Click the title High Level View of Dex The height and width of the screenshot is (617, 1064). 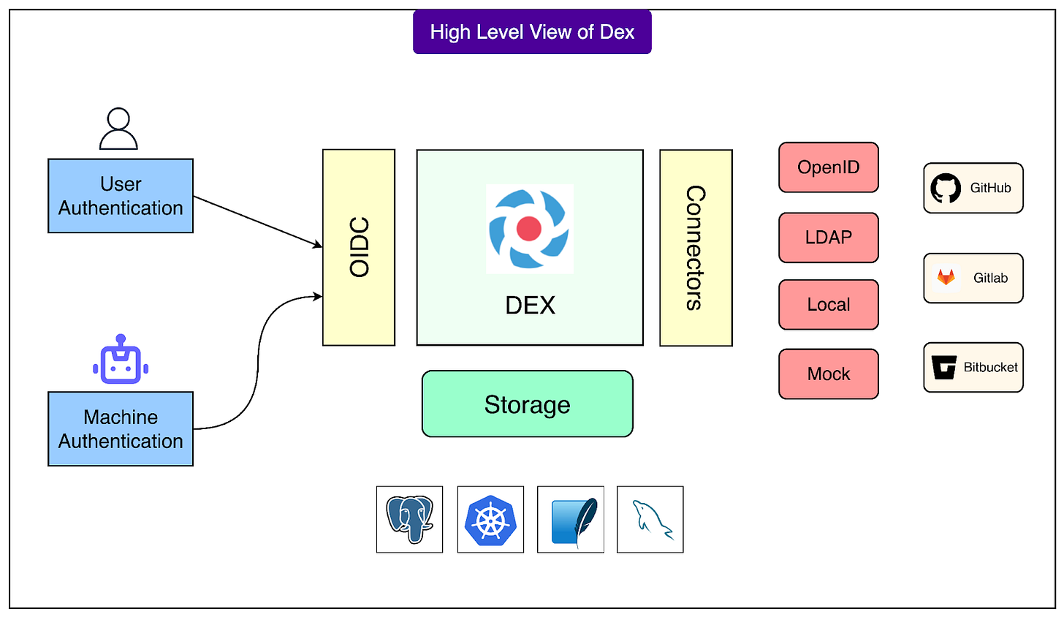coord(532,32)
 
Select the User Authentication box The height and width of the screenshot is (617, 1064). coord(121,196)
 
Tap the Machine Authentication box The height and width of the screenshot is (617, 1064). coord(121,429)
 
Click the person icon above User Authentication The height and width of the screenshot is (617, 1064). coord(118,129)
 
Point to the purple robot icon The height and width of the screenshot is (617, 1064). coord(121,360)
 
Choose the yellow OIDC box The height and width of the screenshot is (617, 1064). coord(359,247)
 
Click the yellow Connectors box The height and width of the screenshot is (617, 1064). coord(696,247)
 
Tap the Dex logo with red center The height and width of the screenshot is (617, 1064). coord(529,229)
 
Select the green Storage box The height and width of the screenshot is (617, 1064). coord(527,404)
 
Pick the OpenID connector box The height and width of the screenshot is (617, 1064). coord(829,167)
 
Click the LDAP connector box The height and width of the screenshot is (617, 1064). coord(829,238)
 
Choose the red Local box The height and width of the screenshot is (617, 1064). coord(829,305)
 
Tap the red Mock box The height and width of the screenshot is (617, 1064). coord(829,374)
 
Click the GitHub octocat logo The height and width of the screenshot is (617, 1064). coord(946,188)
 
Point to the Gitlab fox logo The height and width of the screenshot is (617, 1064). coord(946,278)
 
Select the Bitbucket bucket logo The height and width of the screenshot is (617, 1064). coord(944,367)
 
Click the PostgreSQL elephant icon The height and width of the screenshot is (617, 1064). coord(409,519)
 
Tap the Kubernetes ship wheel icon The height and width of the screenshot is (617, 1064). coord(490,520)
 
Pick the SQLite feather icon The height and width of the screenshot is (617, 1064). coord(571,520)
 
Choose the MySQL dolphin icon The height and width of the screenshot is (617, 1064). coord(650,520)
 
